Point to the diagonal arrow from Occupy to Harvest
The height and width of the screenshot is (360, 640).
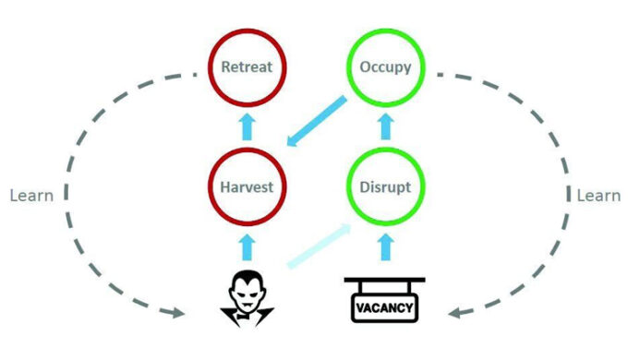pos(318,121)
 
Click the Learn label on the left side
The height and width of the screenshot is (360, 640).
pos(30,196)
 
